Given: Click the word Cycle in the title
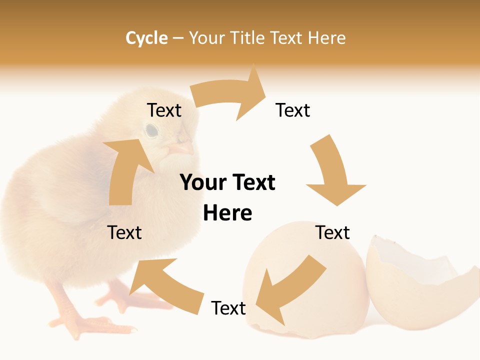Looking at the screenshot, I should click(x=146, y=38).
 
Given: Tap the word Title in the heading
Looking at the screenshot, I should click(x=248, y=38).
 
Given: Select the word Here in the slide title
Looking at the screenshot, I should click(x=326, y=38).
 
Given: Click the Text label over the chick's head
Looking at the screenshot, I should click(x=164, y=110).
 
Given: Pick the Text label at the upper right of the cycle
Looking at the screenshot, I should click(x=293, y=110).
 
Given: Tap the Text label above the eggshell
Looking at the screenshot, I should click(x=332, y=232).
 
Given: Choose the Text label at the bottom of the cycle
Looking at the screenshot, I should click(x=228, y=308).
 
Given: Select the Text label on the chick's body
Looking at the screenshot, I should click(x=124, y=232).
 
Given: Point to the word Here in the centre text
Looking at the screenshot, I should click(x=227, y=213).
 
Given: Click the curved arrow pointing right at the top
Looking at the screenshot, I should click(x=230, y=95).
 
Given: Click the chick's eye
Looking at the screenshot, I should click(x=151, y=130).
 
